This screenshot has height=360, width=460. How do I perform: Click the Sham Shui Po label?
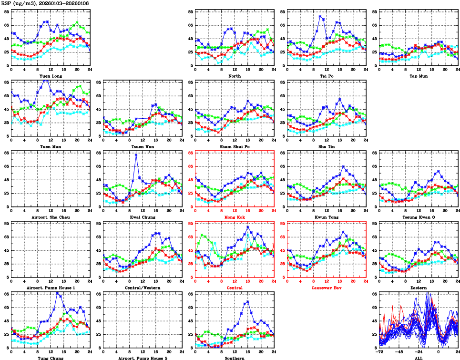coord(234,146)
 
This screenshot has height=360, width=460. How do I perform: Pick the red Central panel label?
coord(234,288)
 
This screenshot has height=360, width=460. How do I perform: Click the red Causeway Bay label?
coord(327,288)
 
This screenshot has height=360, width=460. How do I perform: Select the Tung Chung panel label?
coord(50,358)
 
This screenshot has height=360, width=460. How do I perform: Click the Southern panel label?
coord(234,358)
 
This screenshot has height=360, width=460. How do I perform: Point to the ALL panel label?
coord(419,358)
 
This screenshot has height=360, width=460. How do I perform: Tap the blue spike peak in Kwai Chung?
coord(136,155)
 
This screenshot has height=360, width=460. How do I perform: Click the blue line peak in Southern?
coord(247,302)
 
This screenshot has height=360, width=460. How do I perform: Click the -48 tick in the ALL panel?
coord(399,352)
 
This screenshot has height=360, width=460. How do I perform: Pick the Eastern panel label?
coord(419,288)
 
